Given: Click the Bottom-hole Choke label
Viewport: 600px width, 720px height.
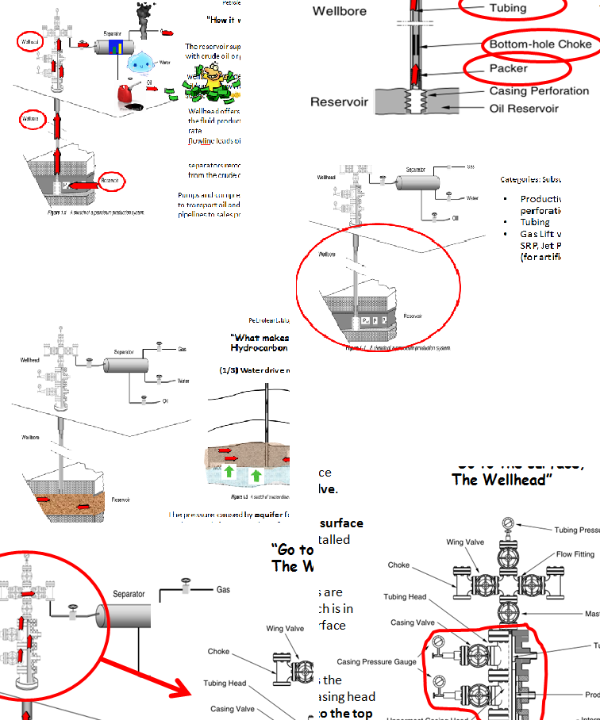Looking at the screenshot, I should [x=540, y=44].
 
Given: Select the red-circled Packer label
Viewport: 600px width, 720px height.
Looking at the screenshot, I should [x=508, y=68].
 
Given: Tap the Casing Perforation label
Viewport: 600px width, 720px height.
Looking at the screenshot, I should [x=539, y=92].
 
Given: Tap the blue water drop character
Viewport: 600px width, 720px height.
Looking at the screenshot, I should [x=143, y=62].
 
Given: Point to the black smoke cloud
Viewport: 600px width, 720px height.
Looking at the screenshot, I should [x=145, y=11].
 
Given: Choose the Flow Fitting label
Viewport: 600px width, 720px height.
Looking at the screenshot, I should [x=575, y=554].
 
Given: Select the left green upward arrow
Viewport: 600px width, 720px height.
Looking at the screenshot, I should [x=229, y=474].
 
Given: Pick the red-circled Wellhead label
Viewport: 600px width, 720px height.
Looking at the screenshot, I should [x=29, y=41].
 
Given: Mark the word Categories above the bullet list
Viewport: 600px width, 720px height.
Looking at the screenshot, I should [x=520, y=180].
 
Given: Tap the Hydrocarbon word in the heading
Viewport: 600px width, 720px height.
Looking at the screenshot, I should [x=259, y=348].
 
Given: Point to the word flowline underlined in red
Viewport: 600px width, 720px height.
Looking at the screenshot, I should [x=199, y=140].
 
